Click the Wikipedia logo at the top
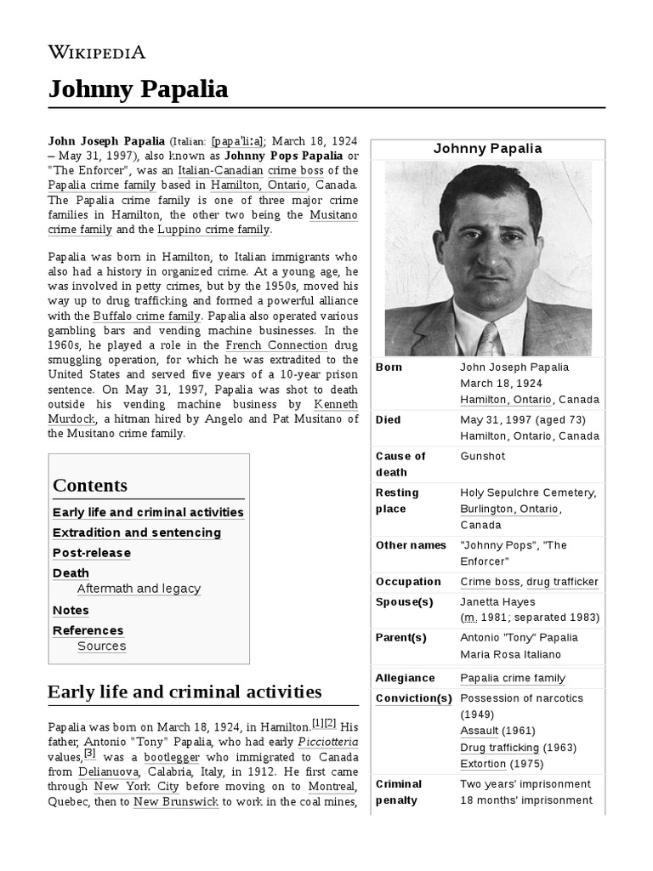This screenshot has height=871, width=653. tap(96, 52)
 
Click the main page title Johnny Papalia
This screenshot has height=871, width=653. tap(137, 88)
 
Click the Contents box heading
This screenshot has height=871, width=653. tap(90, 486)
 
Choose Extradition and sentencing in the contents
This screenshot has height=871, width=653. tap(137, 532)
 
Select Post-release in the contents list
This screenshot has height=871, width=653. tap(92, 553)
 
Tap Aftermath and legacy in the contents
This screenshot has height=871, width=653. tap(139, 589)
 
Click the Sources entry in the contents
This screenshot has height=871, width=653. tap(101, 646)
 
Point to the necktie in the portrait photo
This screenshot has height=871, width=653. tap(487, 339)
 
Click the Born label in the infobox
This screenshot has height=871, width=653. tap(389, 367)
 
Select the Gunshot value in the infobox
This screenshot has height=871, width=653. tap(483, 456)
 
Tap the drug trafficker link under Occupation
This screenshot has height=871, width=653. tap(562, 582)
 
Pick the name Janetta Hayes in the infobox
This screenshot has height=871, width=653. tap(497, 601)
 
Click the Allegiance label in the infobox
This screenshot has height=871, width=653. tap(405, 678)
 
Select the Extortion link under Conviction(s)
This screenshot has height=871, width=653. tap(483, 764)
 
